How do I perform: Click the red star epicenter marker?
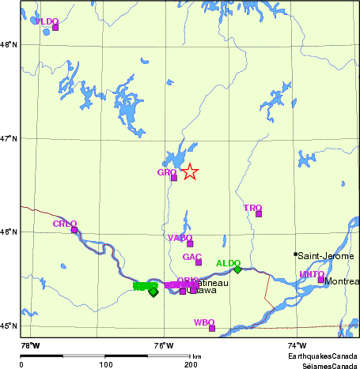pos(189,171)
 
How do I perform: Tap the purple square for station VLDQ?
pos(55,28)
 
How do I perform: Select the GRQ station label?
pos(166,171)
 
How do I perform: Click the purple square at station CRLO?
pos(74,230)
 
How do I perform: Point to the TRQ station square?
pos(259,213)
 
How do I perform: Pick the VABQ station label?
pos(180,237)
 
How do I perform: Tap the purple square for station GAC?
pos(199,262)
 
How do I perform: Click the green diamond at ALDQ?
pos(237,269)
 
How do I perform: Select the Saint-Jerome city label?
pos(325,255)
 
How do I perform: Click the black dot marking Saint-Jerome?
pos(295,254)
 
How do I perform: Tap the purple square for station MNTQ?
pos(321,280)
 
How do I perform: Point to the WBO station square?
pos(212,328)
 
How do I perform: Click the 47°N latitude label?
pos(9,138)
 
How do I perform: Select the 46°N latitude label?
pos(9,232)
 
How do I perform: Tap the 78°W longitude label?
pos(30,345)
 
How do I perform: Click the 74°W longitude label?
pos(297,345)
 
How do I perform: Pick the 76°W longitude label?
pos(164,345)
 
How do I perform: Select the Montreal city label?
pos(342,281)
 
